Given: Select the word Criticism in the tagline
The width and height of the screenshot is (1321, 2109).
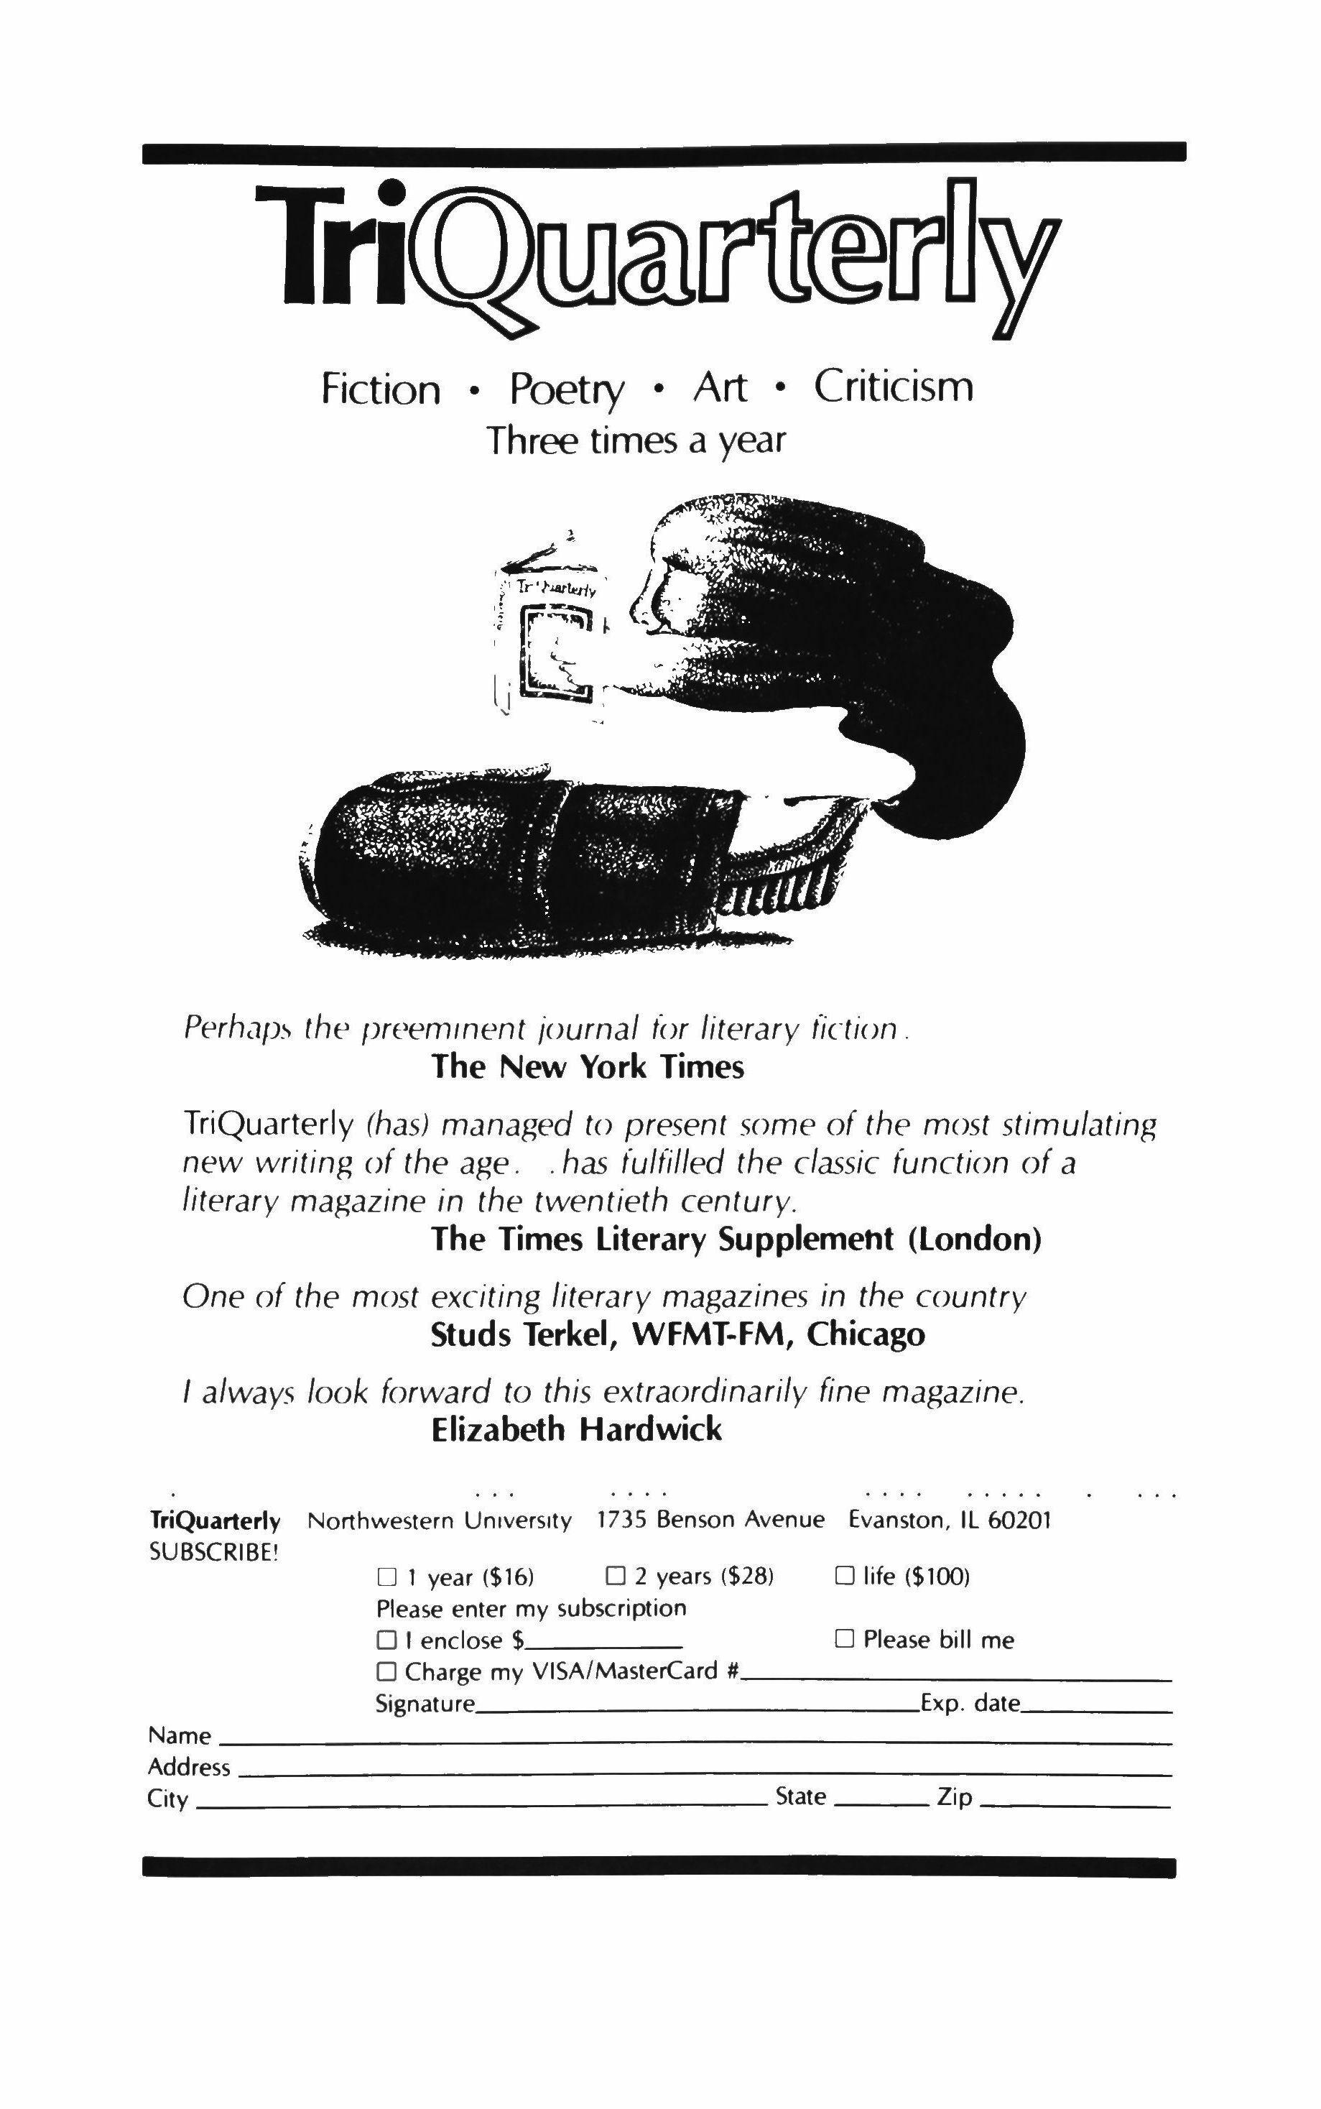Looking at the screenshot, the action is click(x=893, y=387).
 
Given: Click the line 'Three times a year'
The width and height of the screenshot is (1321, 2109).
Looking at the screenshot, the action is click(x=635, y=440).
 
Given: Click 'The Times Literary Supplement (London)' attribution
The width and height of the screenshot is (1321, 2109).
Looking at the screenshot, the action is click(x=736, y=1240).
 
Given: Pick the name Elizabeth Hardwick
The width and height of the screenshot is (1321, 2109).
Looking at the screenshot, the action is click(x=577, y=1430).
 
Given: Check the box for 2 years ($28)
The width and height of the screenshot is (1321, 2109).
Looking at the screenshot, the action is click(x=616, y=1576).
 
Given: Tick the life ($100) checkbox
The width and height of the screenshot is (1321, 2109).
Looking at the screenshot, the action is click(x=844, y=1576).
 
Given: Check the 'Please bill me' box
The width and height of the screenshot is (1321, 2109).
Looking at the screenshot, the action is click(x=844, y=1639).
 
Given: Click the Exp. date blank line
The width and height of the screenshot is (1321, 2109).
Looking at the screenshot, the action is click(x=1095, y=1705).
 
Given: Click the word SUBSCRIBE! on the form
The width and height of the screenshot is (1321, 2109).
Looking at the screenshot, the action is click(x=214, y=1552).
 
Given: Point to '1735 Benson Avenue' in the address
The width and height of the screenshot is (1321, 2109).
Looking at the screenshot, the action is click(x=710, y=1520).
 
